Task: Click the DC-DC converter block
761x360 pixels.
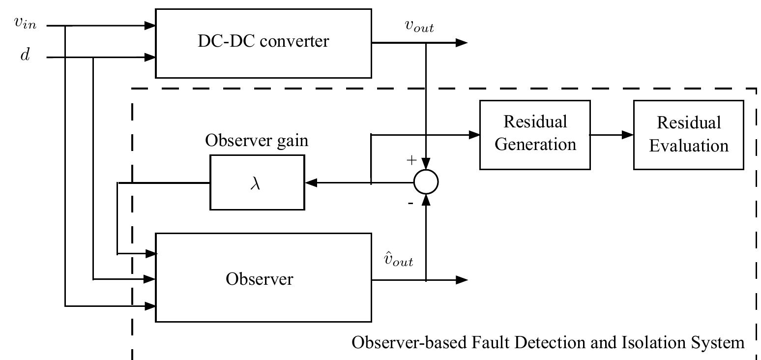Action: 263,43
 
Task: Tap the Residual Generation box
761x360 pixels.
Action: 535,135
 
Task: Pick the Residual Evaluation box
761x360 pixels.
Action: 688,135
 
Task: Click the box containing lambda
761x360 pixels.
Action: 257,182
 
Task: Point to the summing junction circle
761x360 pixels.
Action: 426,182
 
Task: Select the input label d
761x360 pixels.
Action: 25,56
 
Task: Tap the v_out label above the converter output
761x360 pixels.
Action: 419,27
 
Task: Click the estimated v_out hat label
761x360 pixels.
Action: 398,260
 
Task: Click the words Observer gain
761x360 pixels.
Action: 257,141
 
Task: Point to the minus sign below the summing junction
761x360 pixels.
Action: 410,203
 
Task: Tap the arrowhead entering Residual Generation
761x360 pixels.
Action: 474,135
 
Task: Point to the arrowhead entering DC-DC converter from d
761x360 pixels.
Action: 150,58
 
